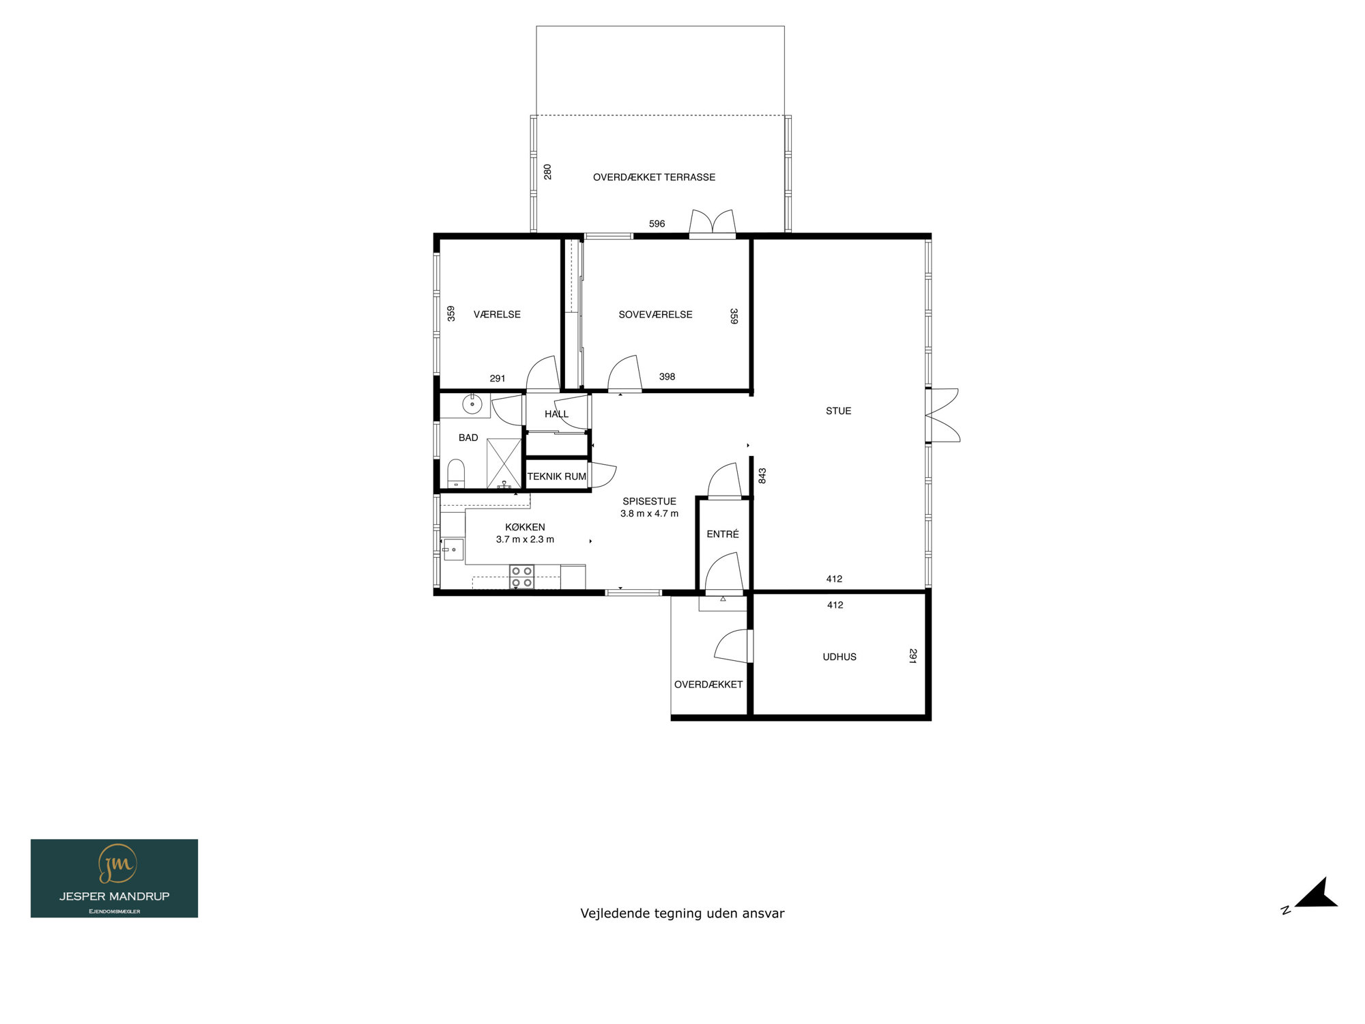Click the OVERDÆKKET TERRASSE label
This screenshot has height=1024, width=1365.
coord(654,177)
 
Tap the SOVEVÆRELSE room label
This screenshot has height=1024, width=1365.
coord(655,315)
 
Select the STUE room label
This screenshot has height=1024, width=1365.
coord(838,411)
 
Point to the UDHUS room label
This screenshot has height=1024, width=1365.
coord(839,657)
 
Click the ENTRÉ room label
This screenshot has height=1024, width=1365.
coord(723,534)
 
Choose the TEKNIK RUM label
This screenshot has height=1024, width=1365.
coord(556,477)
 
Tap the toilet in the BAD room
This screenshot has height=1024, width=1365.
coord(456,474)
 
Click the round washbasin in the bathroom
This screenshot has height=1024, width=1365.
coord(472,404)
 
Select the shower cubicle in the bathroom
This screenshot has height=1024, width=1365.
coord(504,464)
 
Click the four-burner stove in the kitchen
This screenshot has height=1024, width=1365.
coord(522,577)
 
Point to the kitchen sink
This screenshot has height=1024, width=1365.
coord(452,550)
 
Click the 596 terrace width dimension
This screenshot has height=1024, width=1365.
coord(657,224)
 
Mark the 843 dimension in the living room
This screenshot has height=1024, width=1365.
coord(762,476)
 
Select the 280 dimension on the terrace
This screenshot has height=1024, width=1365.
coord(547,171)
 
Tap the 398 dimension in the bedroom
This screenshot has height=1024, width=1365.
coord(667,377)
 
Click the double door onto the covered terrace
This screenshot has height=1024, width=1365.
coord(712,224)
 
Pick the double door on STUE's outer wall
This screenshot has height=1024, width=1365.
coord(943,415)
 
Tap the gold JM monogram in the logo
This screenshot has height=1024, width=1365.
coord(117,864)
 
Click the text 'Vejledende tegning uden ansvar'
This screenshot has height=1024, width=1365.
coord(682,913)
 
